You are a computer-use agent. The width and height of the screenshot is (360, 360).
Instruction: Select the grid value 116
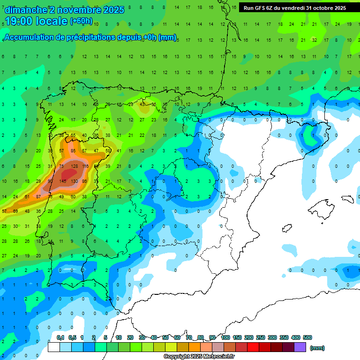tap(85, 166)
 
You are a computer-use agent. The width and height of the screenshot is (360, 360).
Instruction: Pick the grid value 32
tap(315, 40)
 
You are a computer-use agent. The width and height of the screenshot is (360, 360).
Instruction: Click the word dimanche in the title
tap(25, 10)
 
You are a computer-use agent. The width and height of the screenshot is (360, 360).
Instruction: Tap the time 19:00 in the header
tap(19, 21)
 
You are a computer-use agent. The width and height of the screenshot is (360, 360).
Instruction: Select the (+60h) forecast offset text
tap(81, 21)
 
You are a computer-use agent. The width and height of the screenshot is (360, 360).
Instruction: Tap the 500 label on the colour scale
tap(307, 337)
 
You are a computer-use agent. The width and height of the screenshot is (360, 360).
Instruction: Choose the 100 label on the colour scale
tap(225, 337)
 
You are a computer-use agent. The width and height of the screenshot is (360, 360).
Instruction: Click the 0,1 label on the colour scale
tap(60, 337)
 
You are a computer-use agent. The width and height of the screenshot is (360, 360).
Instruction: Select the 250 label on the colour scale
tap(261, 337)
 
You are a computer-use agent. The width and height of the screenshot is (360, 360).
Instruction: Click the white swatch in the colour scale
tap(54, 347)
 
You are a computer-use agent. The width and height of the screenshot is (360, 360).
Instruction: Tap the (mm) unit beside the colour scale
tap(317, 348)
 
